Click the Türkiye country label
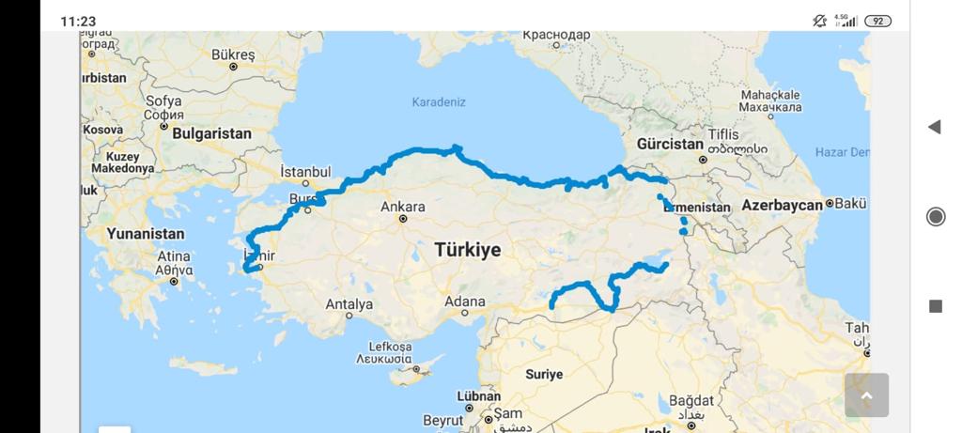tap(467, 250)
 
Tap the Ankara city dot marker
tap(403, 219)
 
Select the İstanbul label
tap(305, 172)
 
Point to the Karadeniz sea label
tap(439, 101)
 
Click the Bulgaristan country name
tap(211, 133)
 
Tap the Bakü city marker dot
tap(830, 204)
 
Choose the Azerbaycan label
tap(783, 205)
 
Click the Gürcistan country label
tap(670, 145)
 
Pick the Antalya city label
tap(349, 304)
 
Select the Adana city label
tap(465, 302)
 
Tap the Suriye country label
tap(544, 374)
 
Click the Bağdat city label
tap(691, 401)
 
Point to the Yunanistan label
tap(146, 233)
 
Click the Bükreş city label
tap(233, 54)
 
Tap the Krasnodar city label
tap(557, 35)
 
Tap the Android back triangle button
tap(934, 127)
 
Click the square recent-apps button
tap(936, 306)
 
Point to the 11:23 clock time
tap(78, 21)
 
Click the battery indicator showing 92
tap(877, 21)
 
